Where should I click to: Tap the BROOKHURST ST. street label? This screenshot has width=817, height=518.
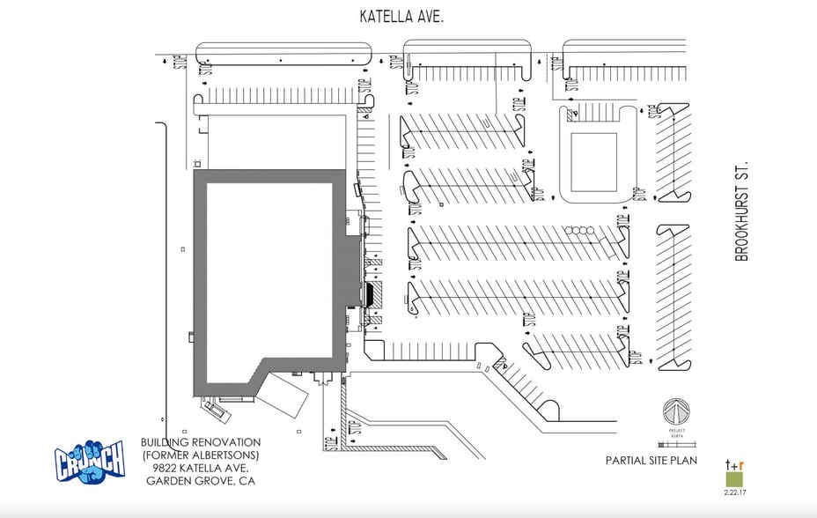pos(741,211)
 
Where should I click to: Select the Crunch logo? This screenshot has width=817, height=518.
pos(90,459)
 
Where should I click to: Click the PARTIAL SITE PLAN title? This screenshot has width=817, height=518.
pos(651,460)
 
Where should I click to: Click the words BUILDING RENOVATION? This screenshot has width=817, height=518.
pos(200,442)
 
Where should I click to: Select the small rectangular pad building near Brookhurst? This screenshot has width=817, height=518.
pos(593,162)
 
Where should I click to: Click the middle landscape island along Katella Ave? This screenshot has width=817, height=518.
pos(467,53)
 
